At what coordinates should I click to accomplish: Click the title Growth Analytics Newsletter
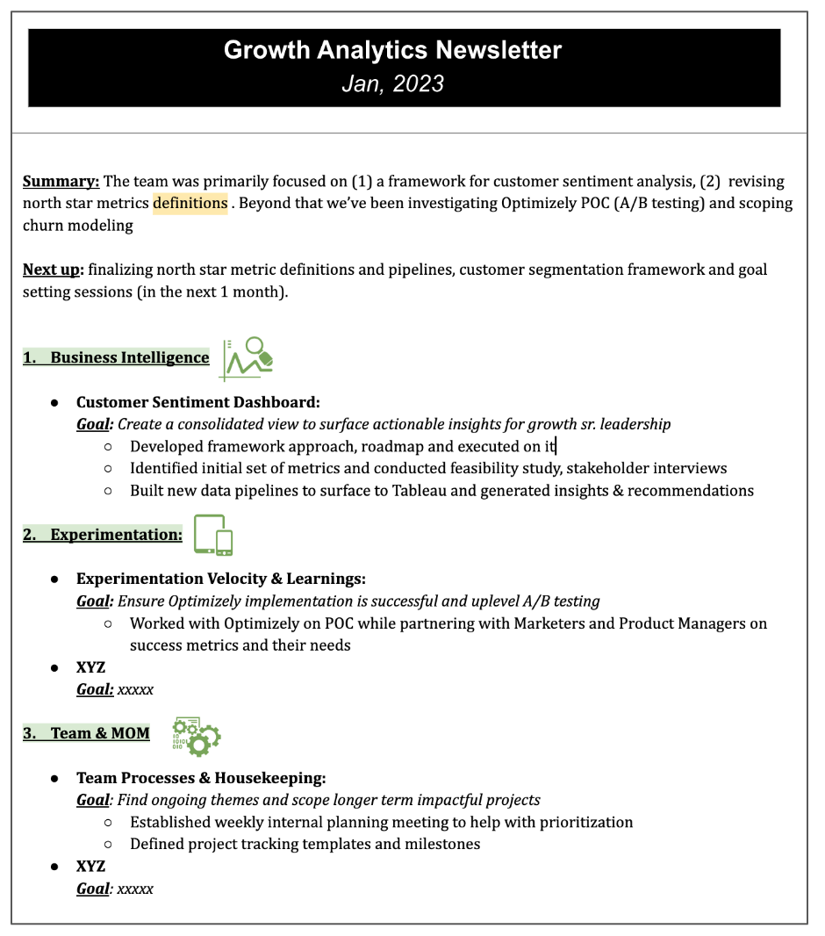coord(392,50)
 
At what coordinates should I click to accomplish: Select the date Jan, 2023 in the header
coord(392,83)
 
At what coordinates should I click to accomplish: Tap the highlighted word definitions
coord(190,204)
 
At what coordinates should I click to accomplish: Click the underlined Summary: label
coord(61,182)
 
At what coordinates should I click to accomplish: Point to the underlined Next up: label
coord(53,270)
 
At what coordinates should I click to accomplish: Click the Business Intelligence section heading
coord(117,357)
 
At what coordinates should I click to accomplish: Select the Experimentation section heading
coord(104,535)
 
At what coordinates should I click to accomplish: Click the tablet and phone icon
coord(214,535)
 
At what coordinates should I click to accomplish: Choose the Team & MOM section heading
coord(87,733)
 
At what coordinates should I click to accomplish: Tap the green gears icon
coord(197,736)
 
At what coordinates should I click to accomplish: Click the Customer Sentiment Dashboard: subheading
coord(198,402)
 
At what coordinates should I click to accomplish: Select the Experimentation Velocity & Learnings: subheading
coord(221,579)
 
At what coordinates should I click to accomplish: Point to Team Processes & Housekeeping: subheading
coord(201,778)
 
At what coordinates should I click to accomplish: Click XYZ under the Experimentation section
coord(91,668)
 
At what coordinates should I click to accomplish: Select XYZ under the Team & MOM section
coord(91,867)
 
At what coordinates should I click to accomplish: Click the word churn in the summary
coord(43,226)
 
